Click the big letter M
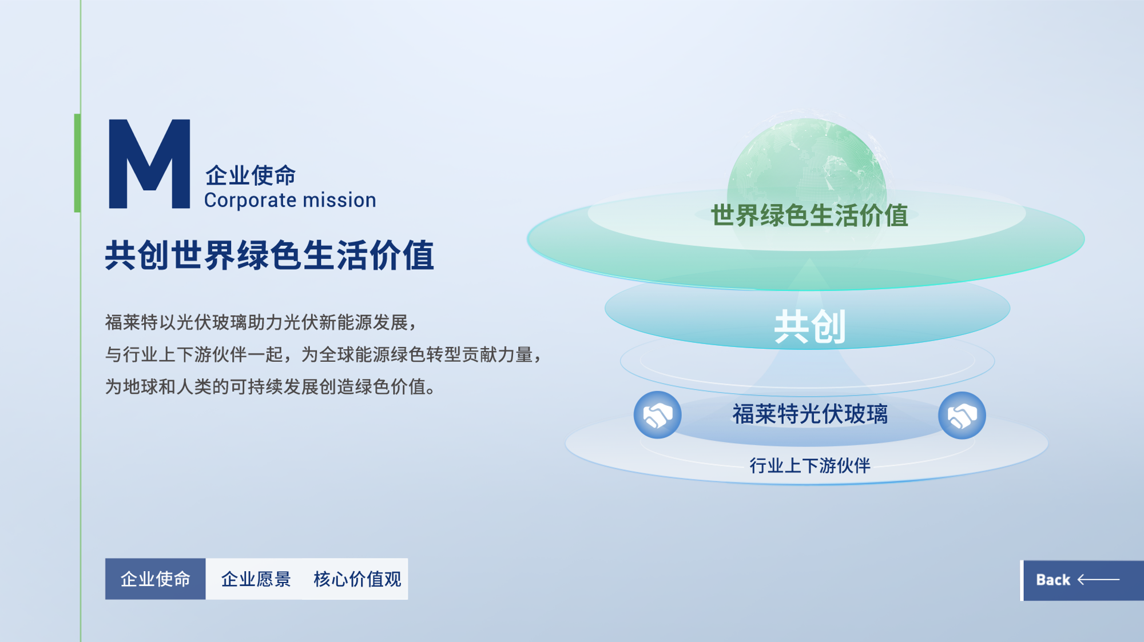click(149, 164)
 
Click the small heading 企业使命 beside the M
click(251, 175)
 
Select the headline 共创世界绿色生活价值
click(269, 255)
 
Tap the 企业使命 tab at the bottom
click(155, 579)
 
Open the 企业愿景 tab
click(256, 579)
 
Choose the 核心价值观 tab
click(357, 579)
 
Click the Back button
click(1082, 580)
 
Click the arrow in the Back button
click(1098, 580)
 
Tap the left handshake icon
click(657, 415)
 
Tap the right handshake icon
click(962, 415)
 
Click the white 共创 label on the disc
click(809, 327)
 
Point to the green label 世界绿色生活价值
click(809, 216)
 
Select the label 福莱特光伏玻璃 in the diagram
click(810, 414)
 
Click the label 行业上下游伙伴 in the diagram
click(810, 465)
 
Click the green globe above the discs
click(807, 166)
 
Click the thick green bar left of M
click(77, 163)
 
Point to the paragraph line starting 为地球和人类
click(271, 387)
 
